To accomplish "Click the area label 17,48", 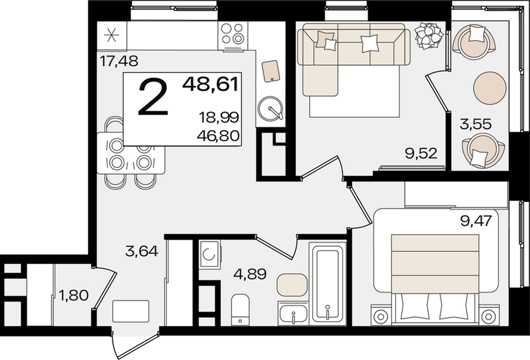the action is pos(120,61).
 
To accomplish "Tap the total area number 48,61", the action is pos(211,84).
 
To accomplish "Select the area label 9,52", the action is pos(421,153).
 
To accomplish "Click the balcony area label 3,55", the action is pos(476,124).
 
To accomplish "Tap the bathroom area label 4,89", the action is pos(250,273).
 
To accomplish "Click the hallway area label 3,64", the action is pos(141,252).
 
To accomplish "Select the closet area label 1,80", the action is pos(74,295).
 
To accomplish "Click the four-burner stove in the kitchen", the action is pos(233,34).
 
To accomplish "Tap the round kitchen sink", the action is pos(270,108).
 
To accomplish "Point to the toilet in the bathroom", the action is pos(240,309).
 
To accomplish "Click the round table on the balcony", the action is pos(490,88).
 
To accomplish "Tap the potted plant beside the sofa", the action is pos(429,35).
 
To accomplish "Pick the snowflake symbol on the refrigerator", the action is pos(111,35).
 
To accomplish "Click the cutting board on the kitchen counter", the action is pos(271,71).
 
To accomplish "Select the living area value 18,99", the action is pos(219,118).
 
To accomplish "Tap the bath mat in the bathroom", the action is pos(292,285).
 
